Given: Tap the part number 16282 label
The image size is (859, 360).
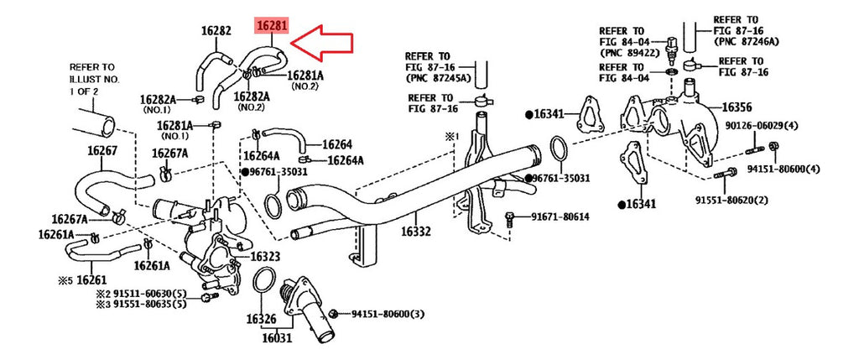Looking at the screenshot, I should [216, 31].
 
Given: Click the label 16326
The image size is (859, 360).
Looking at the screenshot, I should [261, 319].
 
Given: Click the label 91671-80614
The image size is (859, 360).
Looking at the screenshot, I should [565, 217].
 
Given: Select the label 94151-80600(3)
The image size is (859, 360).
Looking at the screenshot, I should [388, 314].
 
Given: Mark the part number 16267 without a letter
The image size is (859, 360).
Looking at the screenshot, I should [102, 151].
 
